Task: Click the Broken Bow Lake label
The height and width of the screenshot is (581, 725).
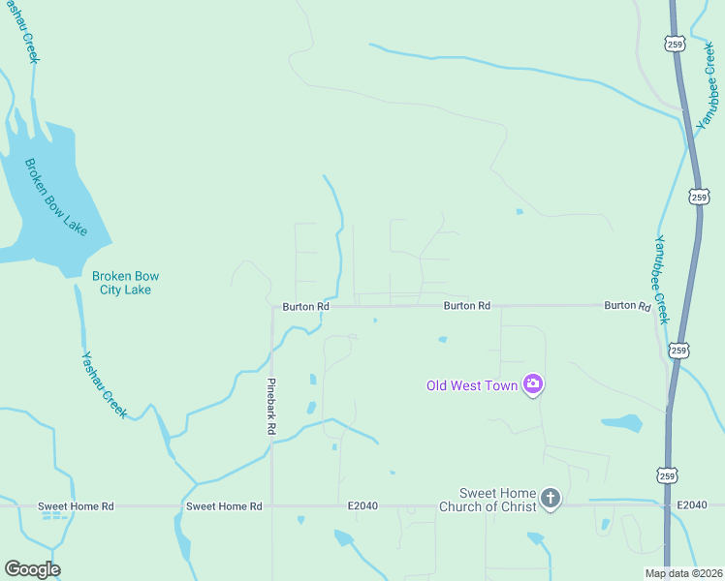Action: point(56,198)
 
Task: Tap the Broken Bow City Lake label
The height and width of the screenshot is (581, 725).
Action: point(122,282)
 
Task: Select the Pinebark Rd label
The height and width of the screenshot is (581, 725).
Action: point(272,406)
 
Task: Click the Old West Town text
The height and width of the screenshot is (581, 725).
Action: point(472,385)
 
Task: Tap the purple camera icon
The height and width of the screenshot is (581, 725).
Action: point(533,384)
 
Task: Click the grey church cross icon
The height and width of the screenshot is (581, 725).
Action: point(551,500)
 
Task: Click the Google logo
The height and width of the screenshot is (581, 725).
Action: point(32,568)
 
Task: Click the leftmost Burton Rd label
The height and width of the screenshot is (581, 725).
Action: point(306,306)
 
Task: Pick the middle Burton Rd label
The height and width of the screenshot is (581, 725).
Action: point(467,306)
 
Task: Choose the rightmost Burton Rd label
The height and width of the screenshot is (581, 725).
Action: point(627,305)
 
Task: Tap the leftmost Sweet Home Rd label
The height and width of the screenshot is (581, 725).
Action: point(76,506)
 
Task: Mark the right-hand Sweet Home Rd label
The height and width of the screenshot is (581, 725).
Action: point(224,506)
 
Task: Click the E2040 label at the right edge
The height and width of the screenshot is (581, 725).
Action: point(692,505)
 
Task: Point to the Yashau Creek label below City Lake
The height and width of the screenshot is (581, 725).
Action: point(105,383)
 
